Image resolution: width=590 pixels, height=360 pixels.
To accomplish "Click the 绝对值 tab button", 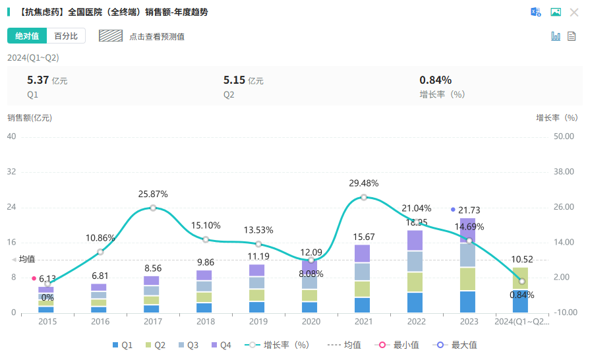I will click(27, 36).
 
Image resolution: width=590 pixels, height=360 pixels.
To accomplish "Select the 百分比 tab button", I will click(66, 36).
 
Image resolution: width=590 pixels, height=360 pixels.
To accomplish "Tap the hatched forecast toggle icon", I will click(111, 36).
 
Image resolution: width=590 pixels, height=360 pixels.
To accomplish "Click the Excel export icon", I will click(536, 12).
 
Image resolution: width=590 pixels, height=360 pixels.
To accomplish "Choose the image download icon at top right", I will click(556, 12).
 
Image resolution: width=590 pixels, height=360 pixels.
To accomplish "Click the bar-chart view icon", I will click(556, 36).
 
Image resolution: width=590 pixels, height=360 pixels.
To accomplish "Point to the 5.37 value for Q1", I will click(38, 80).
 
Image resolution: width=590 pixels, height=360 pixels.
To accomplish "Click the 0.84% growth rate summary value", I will click(435, 80).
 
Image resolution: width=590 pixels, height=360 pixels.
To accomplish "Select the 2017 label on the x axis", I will click(153, 322).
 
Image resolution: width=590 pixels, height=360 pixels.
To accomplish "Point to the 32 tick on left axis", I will click(12, 172).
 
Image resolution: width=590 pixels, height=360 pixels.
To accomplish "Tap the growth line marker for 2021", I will click(364, 197).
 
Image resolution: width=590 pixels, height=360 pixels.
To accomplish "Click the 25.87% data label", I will click(153, 195).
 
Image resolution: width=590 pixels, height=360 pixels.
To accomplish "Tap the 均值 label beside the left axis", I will click(27, 259).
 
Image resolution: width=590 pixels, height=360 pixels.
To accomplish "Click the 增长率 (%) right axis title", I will click(556, 118).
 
